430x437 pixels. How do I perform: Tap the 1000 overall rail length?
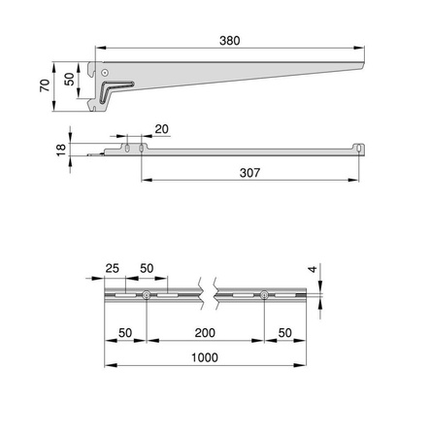(204, 357)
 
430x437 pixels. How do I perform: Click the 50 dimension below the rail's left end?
(125, 333)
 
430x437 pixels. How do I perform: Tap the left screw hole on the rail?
(145, 295)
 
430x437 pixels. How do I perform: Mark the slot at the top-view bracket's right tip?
(358, 148)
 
